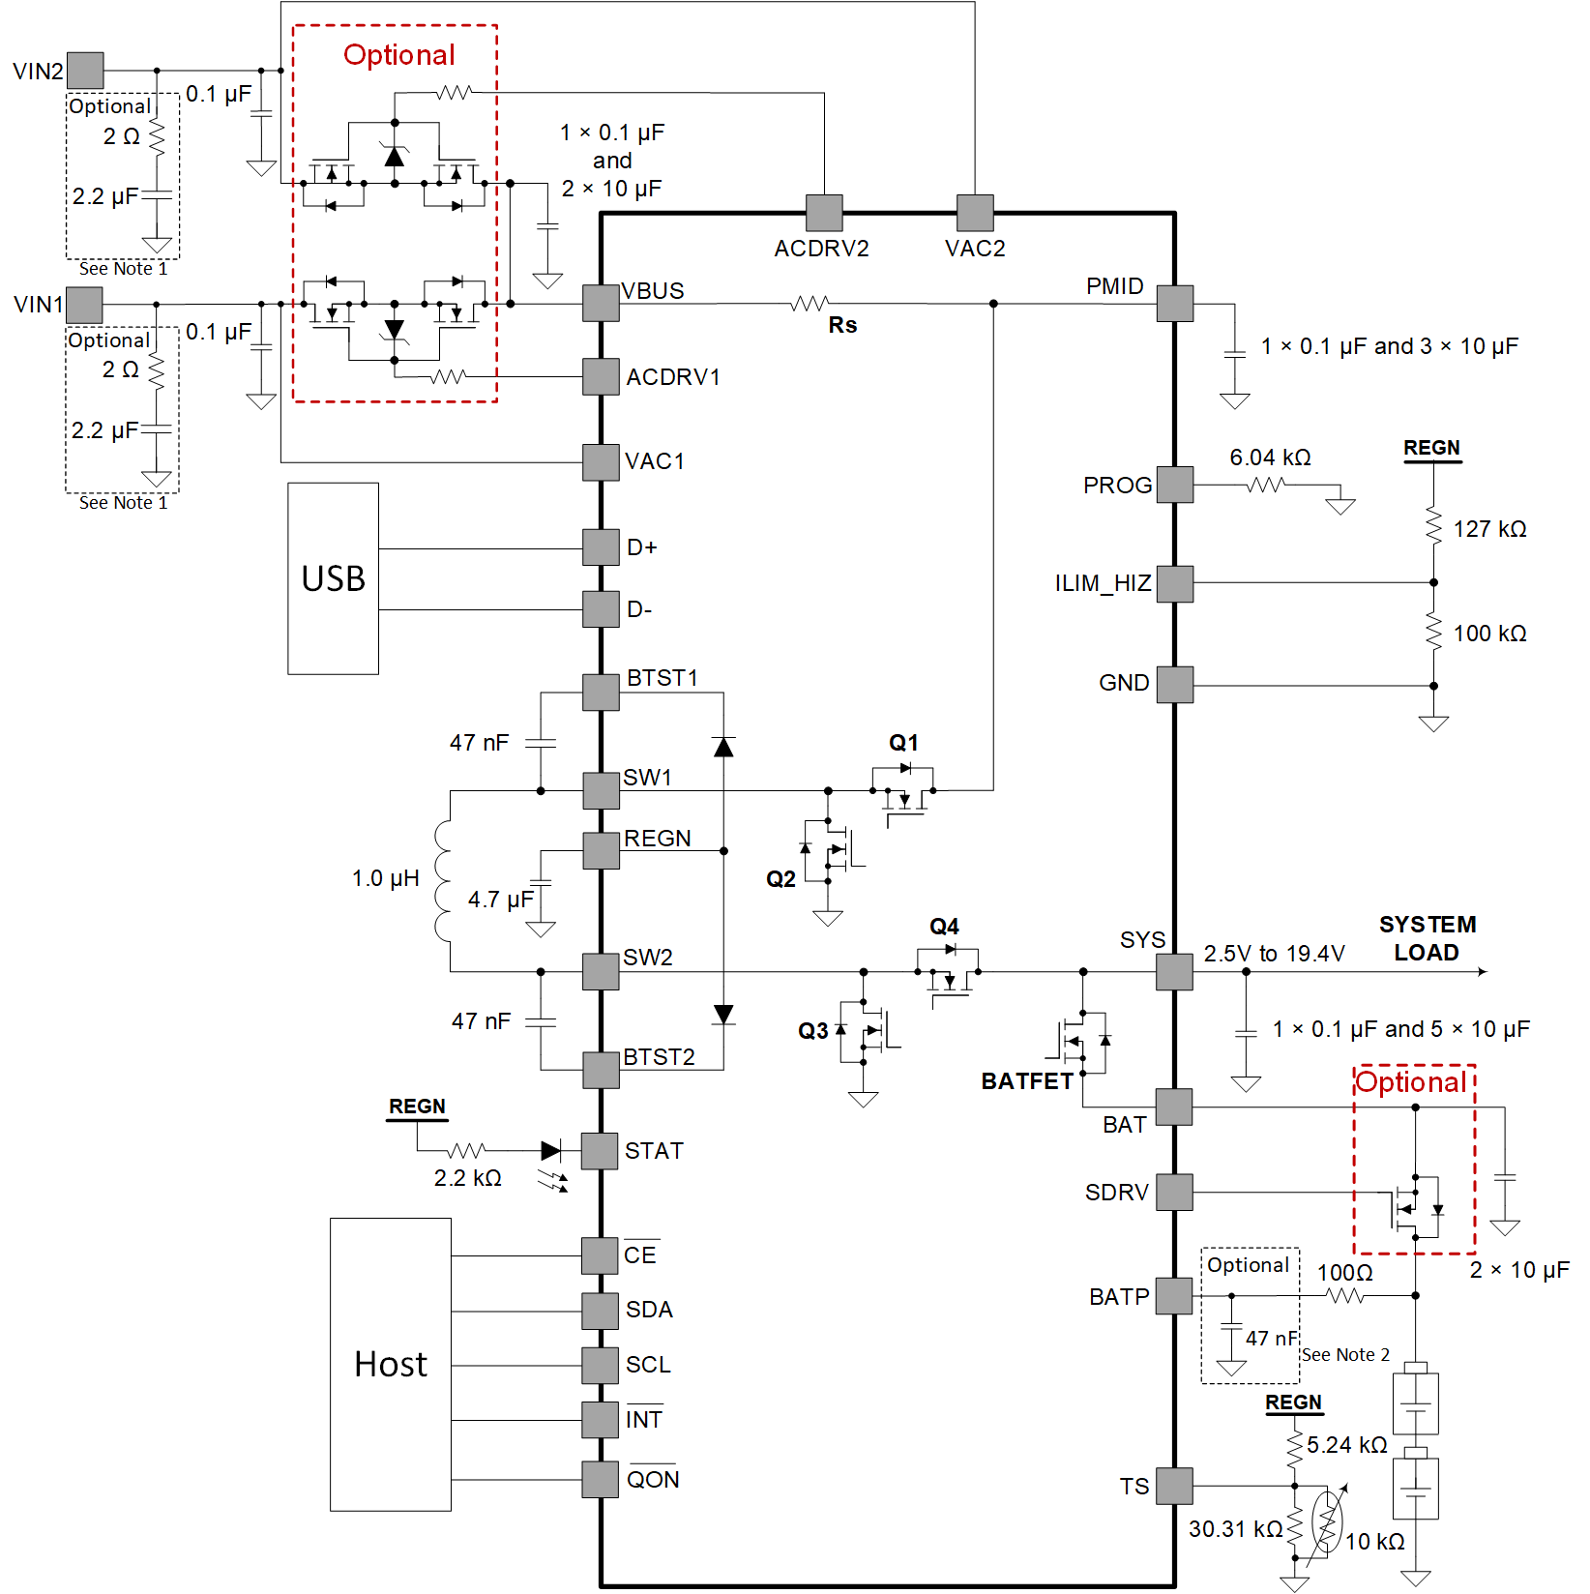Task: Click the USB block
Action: click(x=333, y=578)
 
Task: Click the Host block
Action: click(x=390, y=1364)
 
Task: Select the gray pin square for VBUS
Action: click(x=601, y=304)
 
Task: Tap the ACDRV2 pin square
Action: click(x=824, y=213)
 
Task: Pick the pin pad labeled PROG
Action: click(x=1175, y=485)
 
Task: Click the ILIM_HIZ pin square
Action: click(x=1175, y=584)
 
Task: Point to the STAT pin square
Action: click(x=600, y=1151)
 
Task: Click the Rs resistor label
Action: click(x=842, y=325)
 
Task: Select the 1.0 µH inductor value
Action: click(x=385, y=878)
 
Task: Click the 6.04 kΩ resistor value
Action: click(x=1270, y=458)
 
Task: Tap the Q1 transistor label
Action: click(x=903, y=743)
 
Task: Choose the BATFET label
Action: click(x=1027, y=1081)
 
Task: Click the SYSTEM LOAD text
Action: click(x=1427, y=938)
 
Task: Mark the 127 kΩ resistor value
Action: click(x=1489, y=529)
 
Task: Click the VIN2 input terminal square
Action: click(x=85, y=71)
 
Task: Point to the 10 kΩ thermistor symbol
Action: click(x=1328, y=1522)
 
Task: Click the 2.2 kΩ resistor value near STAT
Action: click(x=467, y=1178)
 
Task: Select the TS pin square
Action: click(x=1175, y=1486)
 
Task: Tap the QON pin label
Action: click(x=653, y=1480)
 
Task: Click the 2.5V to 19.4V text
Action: click(x=1274, y=954)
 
